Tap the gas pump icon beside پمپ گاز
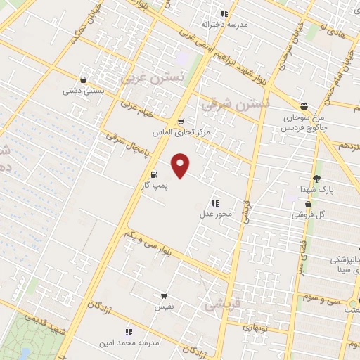pos(153,174)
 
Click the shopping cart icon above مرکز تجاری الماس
pos(181,122)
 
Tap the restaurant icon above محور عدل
pos(214,202)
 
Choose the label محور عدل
pos(215,213)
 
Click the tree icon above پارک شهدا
pos(316,179)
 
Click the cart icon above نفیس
pos(164,296)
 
